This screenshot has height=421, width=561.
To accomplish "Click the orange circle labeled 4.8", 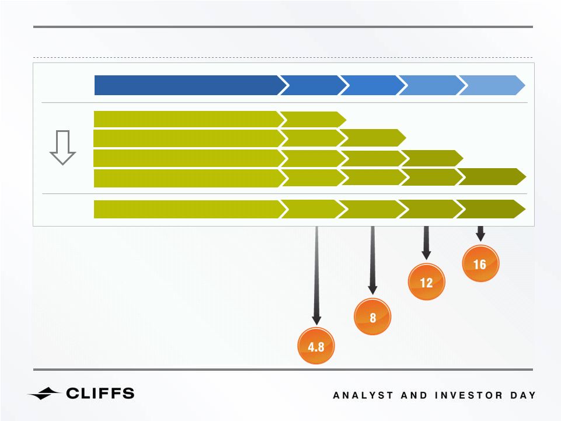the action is tap(316, 346).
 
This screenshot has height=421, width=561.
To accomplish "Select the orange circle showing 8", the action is tap(372, 316).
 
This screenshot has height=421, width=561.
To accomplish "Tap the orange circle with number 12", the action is tap(427, 282).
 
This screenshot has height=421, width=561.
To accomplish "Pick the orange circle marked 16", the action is tap(480, 263).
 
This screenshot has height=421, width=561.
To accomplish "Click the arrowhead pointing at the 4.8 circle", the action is tap(316, 320).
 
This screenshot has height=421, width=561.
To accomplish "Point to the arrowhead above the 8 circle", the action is tap(372, 290).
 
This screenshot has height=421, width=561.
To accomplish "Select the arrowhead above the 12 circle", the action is tap(426, 255).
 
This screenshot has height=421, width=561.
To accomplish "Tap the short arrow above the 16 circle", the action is tap(480, 234).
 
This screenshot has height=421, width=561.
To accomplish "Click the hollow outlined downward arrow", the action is tap(62, 148).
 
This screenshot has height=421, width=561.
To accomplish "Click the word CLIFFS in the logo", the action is tap(100, 393).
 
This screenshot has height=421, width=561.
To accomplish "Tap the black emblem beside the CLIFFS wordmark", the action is tap(44, 394).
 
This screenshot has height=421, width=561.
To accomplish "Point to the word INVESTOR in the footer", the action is tap(469, 395).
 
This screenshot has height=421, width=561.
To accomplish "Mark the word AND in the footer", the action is tap(414, 395).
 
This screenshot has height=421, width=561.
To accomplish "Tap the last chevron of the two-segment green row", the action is tap(312, 119).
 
